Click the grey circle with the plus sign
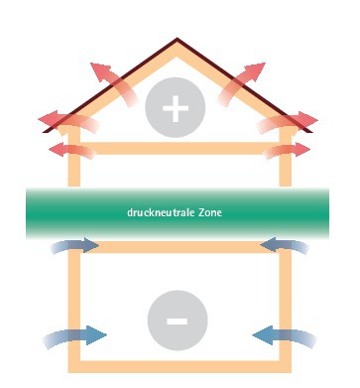click(177, 108)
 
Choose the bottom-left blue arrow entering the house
click(71, 337)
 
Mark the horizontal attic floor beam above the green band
click(178, 153)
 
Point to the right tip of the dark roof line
click(316, 129)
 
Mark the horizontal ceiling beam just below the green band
click(178, 248)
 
